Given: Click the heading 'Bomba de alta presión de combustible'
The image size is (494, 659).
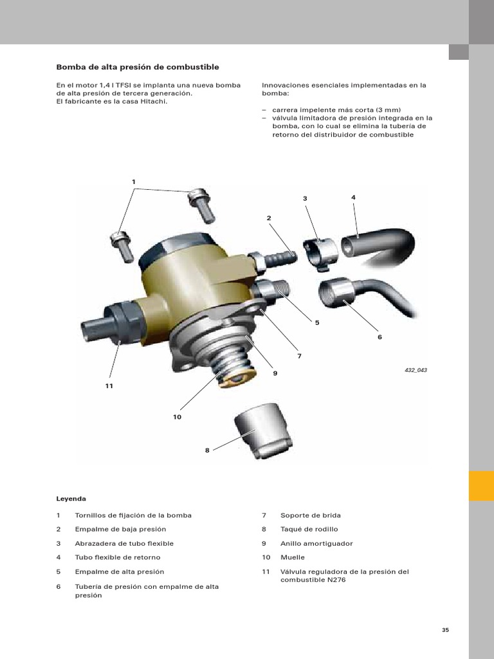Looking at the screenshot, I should [x=138, y=67].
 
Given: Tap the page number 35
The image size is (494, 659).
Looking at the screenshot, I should [x=445, y=629].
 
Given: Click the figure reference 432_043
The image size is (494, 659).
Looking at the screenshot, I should [x=416, y=370].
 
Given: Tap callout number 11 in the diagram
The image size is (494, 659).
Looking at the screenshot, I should [x=109, y=385].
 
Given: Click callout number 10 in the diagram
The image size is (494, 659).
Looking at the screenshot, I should [x=177, y=417].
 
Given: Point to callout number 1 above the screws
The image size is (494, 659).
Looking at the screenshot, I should [x=134, y=182].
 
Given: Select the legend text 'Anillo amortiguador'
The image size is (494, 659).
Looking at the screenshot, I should [x=316, y=543].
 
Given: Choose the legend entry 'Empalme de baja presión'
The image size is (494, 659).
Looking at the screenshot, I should [x=120, y=529].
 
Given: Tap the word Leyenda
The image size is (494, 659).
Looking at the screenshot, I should [x=71, y=498].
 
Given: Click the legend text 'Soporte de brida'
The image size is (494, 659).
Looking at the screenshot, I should [x=311, y=515].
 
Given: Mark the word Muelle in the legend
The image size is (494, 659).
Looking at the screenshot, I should [x=293, y=557].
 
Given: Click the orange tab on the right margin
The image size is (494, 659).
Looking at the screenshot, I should [x=481, y=485].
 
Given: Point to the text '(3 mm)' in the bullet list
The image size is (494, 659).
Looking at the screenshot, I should [x=388, y=109].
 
